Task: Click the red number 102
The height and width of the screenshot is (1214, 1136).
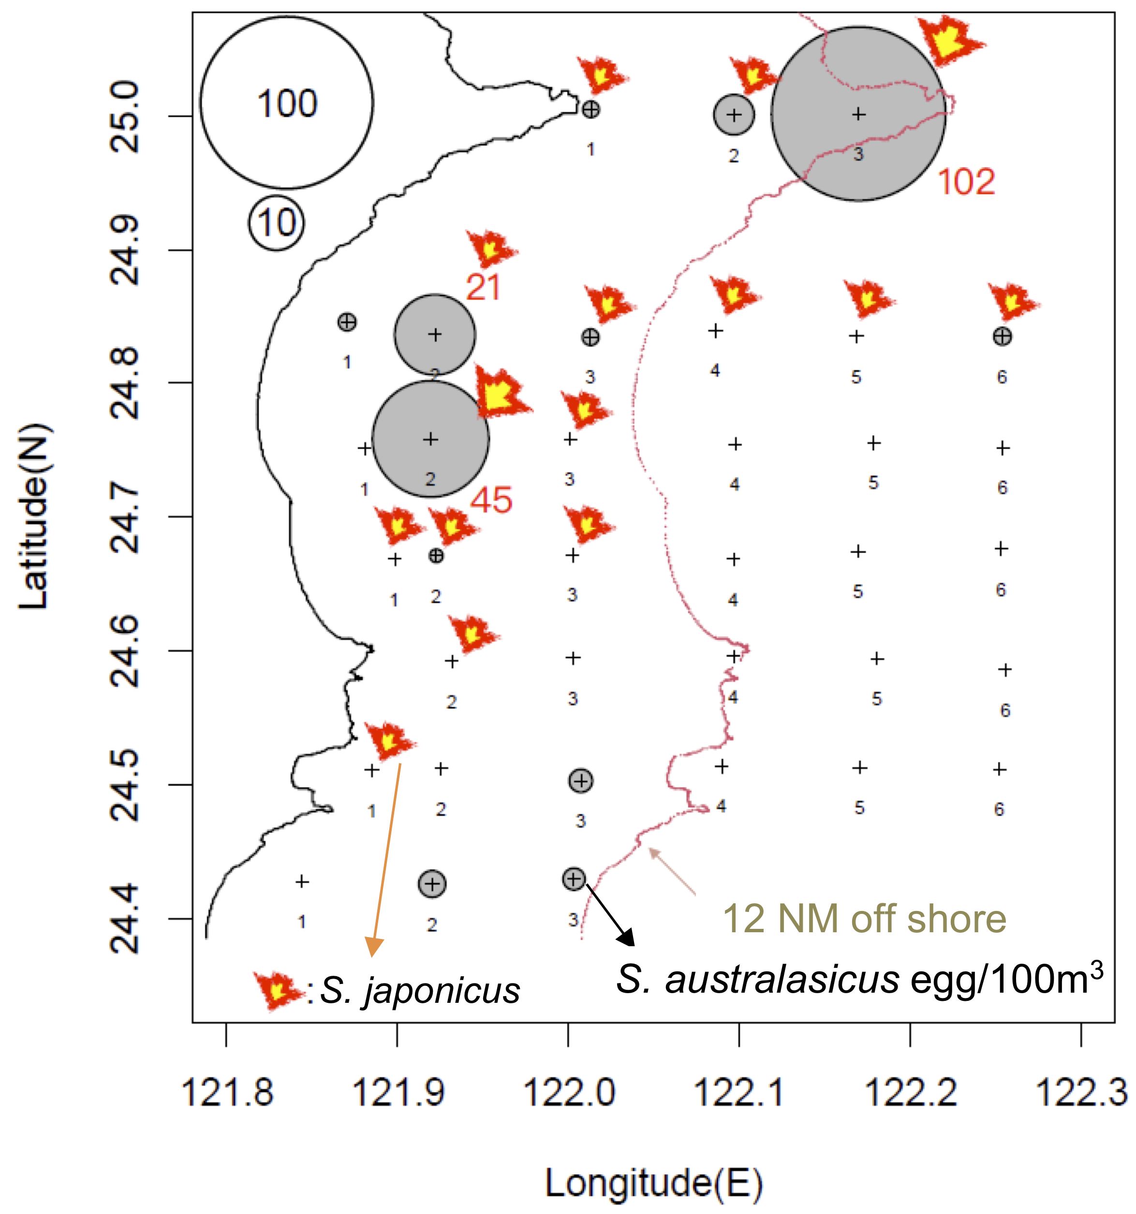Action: [x=965, y=182]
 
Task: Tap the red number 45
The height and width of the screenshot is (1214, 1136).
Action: [x=491, y=500]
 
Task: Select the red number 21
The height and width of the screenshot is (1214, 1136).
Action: [x=483, y=288]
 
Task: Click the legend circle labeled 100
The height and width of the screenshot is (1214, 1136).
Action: [x=287, y=102]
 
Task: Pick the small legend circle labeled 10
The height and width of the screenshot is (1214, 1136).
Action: [x=276, y=223]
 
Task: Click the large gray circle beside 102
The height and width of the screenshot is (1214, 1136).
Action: [x=858, y=114]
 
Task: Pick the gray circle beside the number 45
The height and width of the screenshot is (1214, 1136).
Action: [x=430, y=438]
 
